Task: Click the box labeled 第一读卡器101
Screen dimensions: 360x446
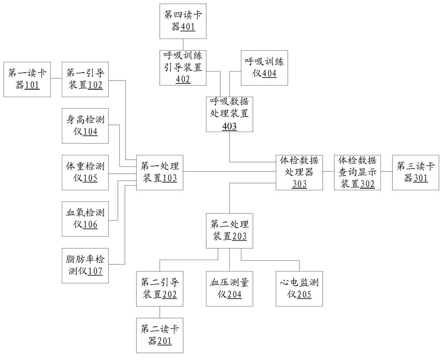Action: pos(27,79)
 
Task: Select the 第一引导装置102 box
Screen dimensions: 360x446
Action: pos(85,79)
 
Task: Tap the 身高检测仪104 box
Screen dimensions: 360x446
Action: pos(85,126)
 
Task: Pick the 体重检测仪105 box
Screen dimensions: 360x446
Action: pos(85,172)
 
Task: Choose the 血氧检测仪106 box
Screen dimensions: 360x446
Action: pos(85,219)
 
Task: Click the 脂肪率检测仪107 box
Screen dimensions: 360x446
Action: pos(85,265)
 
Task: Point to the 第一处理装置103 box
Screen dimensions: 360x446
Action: pos(160,172)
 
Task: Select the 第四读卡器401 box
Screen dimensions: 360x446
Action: pos(183,21)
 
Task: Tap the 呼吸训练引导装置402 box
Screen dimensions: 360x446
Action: pos(183,68)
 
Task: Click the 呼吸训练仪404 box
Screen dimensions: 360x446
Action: pos(264,68)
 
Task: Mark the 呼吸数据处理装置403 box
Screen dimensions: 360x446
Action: pos(229,114)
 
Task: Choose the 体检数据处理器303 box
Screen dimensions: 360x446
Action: pos(299,172)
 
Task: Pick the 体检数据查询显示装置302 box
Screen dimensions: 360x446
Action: pos(358,172)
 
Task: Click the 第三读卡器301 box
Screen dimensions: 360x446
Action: pos(416,172)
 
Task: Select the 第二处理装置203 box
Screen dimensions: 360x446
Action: pos(229,231)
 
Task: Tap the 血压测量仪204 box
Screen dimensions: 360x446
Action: pos(229,289)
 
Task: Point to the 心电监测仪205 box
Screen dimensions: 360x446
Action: pos(299,289)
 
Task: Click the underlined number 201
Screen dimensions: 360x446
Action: pos(165,341)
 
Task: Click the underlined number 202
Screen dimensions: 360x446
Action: pos(170,295)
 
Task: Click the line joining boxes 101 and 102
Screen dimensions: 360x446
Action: pos(56,79)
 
